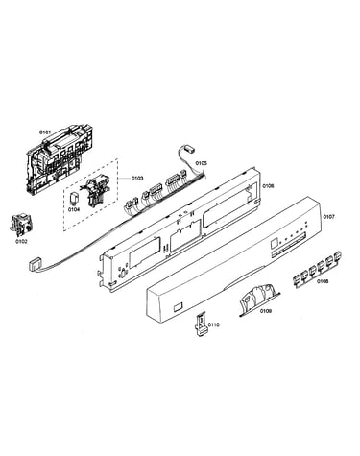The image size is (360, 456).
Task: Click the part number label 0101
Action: pos(45,132)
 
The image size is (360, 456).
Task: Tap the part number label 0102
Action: pos(21,241)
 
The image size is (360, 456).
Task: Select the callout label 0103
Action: pos(137,179)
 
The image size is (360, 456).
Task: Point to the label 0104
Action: pos(74,209)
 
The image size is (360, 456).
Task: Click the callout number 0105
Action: pos(202,163)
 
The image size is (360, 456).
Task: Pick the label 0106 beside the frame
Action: pos(268,185)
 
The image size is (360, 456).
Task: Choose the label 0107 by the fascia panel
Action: pos(328,217)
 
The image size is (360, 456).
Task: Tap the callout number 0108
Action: pos(323,281)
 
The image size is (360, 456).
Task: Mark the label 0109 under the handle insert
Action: pos(266,311)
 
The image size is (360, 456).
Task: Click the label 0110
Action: pos(213,324)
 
